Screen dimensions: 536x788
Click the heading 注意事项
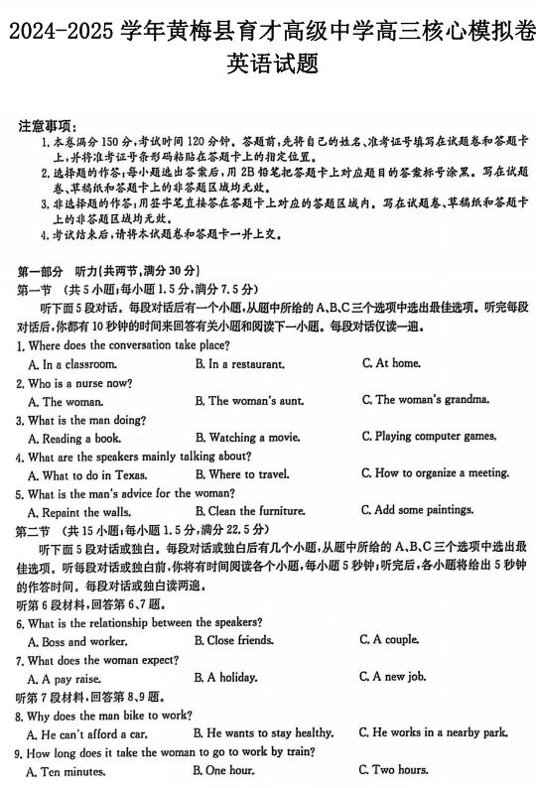pyautogui.click(x=46, y=125)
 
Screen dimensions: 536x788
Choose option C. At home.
pyautogui.click(x=392, y=363)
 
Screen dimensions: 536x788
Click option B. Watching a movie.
pyautogui.click(x=247, y=438)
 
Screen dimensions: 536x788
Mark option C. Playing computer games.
pyautogui.click(x=429, y=437)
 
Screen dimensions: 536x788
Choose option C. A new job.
pyautogui.click(x=392, y=677)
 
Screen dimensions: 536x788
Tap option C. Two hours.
pyautogui.click(x=394, y=770)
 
